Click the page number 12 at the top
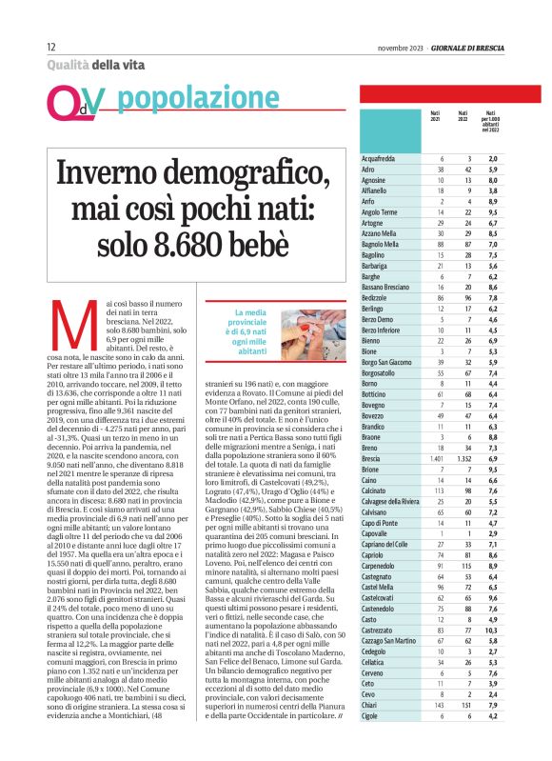(x=50, y=47)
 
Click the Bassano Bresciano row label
(x=389, y=287)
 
